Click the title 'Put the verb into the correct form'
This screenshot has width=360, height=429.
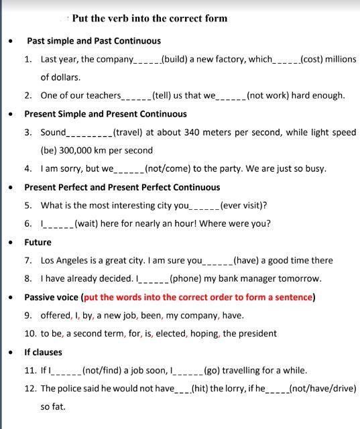point(149,18)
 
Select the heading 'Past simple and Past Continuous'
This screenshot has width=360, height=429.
point(94,41)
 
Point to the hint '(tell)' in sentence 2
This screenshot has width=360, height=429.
point(165,95)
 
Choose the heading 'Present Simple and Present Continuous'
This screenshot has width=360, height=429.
point(105,114)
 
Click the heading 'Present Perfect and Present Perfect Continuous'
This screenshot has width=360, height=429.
point(122,187)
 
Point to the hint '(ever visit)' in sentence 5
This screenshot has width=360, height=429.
point(247,205)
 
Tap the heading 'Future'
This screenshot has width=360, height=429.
point(38,242)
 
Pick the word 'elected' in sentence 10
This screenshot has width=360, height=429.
point(176,333)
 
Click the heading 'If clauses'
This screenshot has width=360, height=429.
point(43,352)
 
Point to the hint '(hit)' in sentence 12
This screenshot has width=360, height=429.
point(201,388)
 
